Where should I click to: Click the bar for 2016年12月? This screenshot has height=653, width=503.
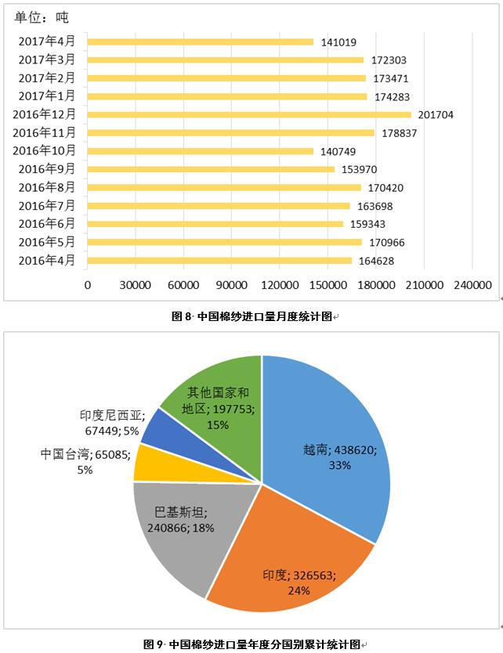click(249, 114)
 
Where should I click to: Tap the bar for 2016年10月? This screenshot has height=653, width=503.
click(201, 151)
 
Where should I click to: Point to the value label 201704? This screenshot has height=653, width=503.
click(436, 115)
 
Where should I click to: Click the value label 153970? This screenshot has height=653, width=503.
click(359, 170)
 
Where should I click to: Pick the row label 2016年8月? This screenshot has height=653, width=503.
click(47, 187)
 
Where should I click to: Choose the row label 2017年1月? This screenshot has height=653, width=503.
click(47, 96)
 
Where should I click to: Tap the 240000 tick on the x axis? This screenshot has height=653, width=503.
click(472, 286)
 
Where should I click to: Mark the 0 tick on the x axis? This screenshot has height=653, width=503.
click(88, 286)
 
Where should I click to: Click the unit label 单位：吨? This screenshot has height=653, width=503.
click(42, 16)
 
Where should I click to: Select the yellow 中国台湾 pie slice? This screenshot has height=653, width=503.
click(147, 463)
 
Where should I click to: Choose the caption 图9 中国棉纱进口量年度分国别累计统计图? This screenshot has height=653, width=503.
click(251, 644)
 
